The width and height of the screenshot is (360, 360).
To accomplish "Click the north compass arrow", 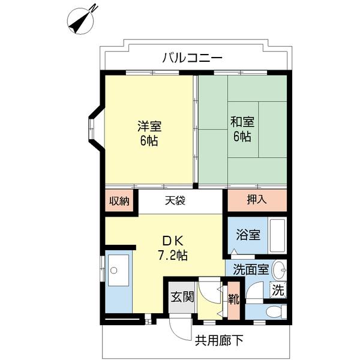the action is [80, 22].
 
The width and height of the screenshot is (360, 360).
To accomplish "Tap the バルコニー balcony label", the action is [193, 58].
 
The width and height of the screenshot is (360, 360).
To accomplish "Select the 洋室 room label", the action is [149, 126].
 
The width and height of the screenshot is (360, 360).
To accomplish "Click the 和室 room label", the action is [242, 122].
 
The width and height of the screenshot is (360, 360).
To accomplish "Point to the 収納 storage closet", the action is [119, 200].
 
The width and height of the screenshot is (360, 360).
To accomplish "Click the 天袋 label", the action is [175, 200].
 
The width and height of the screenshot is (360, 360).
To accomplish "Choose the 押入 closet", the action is [257, 200].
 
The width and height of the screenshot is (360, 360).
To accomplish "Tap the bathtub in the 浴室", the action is [277, 236].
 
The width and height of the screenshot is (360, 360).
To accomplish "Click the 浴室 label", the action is [248, 235].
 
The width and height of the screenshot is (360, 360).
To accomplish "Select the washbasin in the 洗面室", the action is [279, 270].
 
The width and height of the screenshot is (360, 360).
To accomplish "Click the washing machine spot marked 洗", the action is [278, 290].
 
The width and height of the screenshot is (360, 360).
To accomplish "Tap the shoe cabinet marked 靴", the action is [234, 299].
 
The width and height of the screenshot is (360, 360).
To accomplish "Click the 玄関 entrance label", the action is [182, 297].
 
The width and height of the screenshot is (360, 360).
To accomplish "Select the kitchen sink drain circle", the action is [113, 270].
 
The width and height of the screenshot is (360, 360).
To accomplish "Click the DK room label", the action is [173, 241].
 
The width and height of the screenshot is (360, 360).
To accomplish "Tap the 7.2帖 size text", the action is [173, 255].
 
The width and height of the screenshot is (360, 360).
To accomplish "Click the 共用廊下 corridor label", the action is [219, 340].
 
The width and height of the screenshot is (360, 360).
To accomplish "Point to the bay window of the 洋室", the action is [92, 129].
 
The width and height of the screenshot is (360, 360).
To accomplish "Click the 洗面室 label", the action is [251, 270].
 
